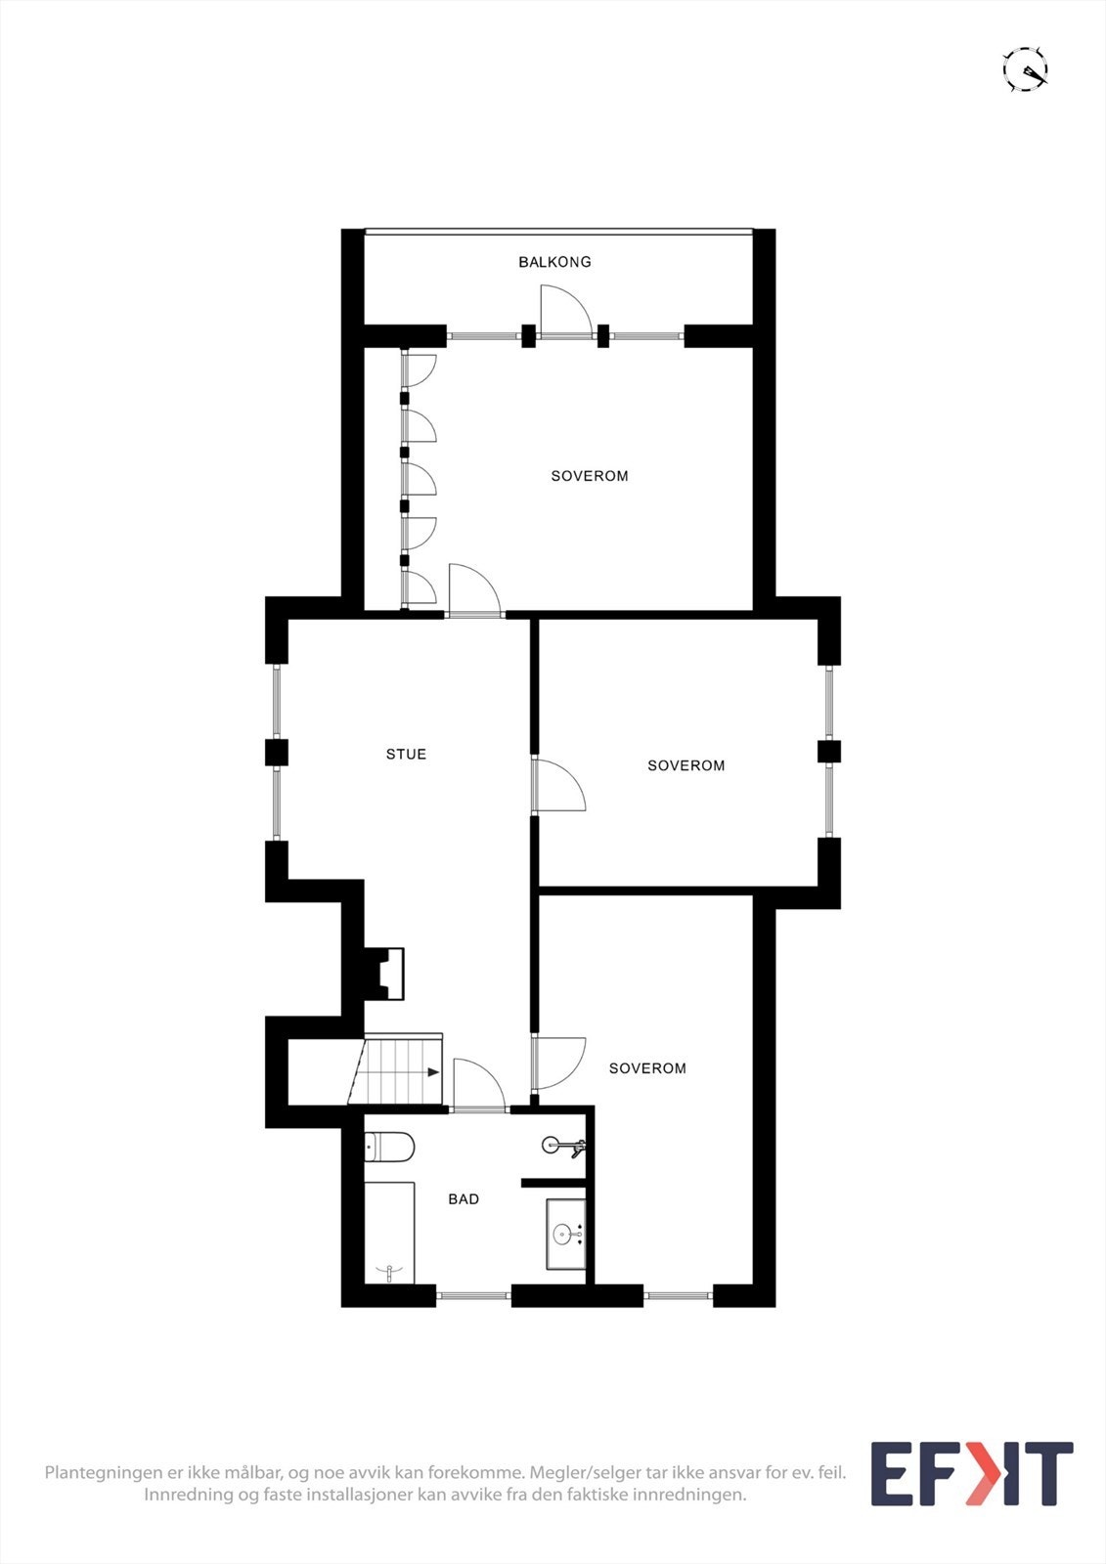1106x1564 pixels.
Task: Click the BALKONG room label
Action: pyautogui.click(x=554, y=262)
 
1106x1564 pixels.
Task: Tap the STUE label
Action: pyautogui.click(x=406, y=754)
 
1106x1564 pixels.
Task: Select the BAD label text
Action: pyautogui.click(x=464, y=1198)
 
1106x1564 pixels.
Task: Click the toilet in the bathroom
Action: pyautogui.click(x=389, y=1148)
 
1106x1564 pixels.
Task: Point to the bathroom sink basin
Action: pyautogui.click(x=565, y=1235)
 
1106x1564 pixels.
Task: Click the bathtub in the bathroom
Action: pyautogui.click(x=389, y=1232)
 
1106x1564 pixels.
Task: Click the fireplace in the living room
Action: pyautogui.click(x=384, y=974)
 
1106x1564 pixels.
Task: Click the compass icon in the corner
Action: pyautogui.click(x=1026, y=69)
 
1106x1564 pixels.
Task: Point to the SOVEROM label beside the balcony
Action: pyautogui.click(x=590, y=476)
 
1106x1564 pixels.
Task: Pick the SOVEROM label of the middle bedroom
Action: pyautogui.click(x=686, y=766)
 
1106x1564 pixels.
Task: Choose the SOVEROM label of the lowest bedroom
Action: pyautogui.click(x=647, y=1068)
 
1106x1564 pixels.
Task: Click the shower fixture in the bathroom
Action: pyautogui.click(x=564, y=1146)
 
